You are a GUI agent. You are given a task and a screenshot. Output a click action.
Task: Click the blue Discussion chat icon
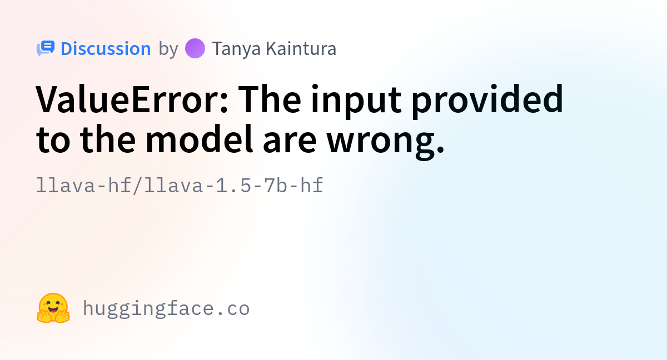click(46, 48)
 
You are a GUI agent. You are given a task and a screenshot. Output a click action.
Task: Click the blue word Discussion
click(106, 48)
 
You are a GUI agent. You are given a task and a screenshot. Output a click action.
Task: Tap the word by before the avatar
click(168, 49)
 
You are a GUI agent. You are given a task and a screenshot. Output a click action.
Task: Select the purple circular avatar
click(195, 48)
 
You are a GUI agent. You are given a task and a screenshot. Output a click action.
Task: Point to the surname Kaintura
click(301, 48)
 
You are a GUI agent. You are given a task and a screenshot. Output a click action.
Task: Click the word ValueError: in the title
click(132, 99)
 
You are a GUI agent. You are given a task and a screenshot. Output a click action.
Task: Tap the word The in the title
click(270, 99)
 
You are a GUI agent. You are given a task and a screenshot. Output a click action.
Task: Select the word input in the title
click(356, 101)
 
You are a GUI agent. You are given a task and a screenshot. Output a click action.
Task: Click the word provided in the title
click(487, 101)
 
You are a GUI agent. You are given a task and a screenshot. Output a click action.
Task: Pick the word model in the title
click(199, 139)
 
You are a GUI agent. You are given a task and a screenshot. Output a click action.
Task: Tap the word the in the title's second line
click(108, 139)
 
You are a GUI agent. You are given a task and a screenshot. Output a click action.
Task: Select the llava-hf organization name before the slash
click(84, 186)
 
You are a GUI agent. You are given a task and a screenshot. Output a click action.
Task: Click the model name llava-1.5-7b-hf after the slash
click(233, 186)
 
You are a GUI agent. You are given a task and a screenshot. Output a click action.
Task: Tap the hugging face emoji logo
click(53, 308)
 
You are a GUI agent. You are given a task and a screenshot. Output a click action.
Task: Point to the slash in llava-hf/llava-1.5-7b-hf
click(138, 186)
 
